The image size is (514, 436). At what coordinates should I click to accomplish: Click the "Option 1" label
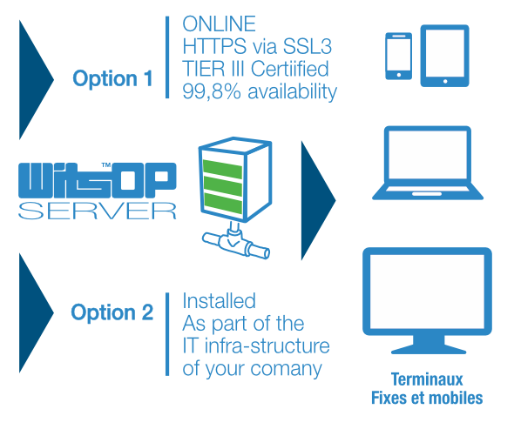pos(112,78)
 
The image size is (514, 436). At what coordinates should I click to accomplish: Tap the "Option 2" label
pos(112,312)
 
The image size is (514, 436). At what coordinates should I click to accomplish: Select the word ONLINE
pos(219,23)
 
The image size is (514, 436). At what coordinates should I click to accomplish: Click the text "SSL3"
pos(308,46)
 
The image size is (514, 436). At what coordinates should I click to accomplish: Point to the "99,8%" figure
pos(212,91)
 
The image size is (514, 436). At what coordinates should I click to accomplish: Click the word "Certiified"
pos(290,69)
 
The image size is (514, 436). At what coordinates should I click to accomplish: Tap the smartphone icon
pos(399,56)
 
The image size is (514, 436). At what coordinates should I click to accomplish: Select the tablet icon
pos(445,56)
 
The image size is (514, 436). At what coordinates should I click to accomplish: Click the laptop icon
pos(428,163)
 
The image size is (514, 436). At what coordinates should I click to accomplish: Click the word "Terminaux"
pos(427,379)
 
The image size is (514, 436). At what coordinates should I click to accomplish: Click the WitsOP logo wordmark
pos(98,180)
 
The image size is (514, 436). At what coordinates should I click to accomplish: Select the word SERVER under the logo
pos(98,211)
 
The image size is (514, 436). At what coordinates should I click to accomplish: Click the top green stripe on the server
pos(222,169)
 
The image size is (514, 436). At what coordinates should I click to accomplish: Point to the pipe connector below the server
pos(236,242)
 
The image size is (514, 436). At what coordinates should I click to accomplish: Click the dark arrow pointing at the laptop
pos(318,200)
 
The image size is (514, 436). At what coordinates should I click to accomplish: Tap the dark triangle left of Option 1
pos(36,79)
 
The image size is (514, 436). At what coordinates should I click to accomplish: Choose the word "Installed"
pos(219,301)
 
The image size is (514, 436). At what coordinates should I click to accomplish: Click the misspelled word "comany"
pos(286,370)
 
